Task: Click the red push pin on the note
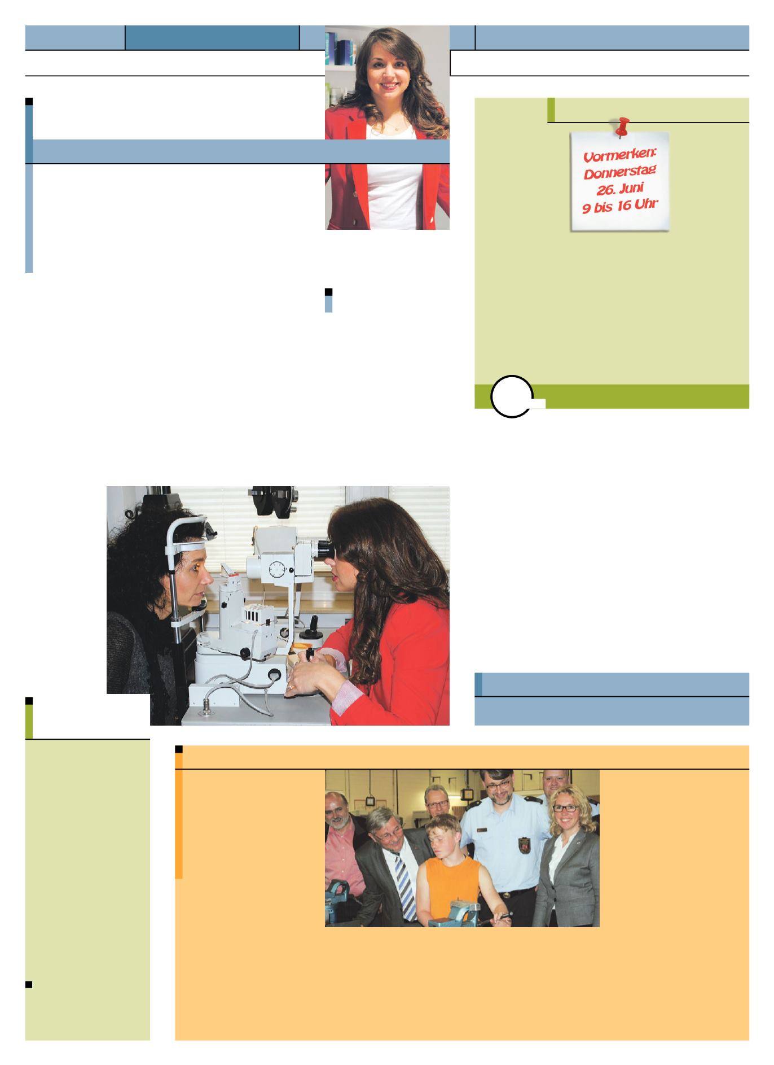tap(622, 127)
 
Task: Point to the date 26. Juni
tap(620, 187)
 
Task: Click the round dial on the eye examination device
tap(277, 570)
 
